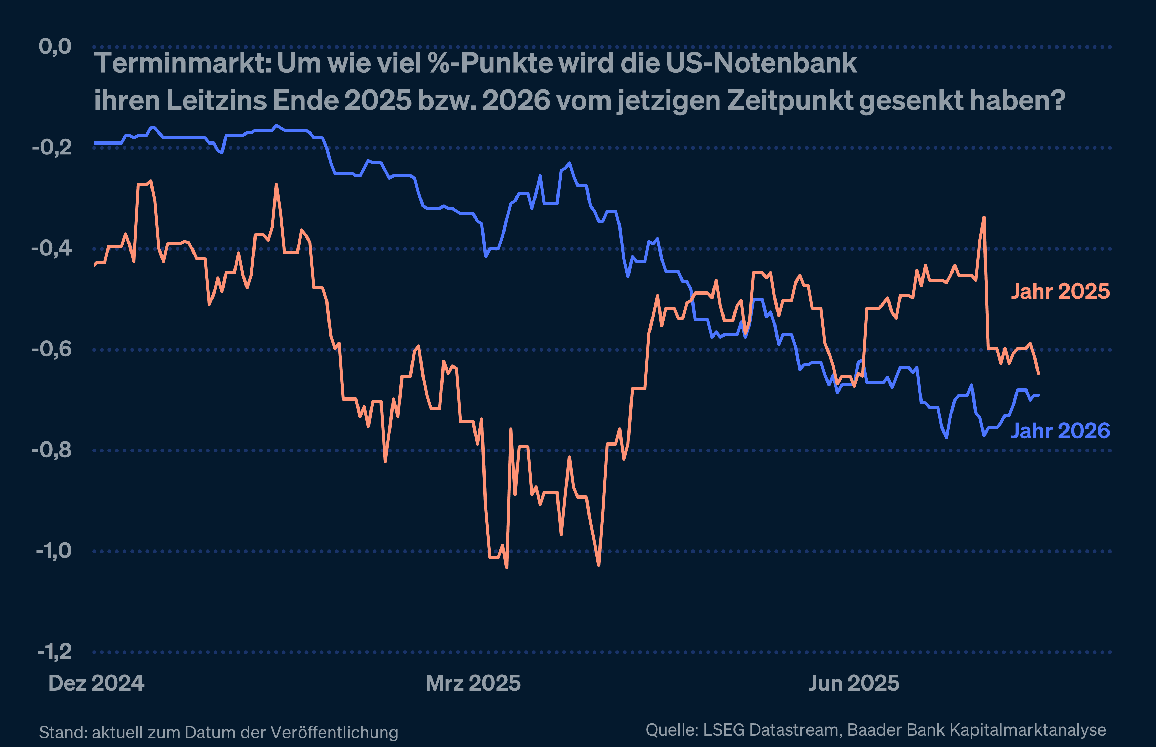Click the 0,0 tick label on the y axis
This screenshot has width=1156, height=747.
[x=55, y=46]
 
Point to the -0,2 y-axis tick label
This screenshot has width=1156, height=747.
[x=52, y=148]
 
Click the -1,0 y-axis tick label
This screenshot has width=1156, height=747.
[x=53, y=551]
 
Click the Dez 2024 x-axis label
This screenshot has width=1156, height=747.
[x=96, y=683]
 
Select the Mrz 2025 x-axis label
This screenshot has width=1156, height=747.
[x=473, y=683]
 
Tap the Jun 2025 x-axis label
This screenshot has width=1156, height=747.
[x=854, y=683]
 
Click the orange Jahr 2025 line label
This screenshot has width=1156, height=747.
[x=1060, y=291]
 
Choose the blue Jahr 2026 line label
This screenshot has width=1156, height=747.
[x=1060, y=431]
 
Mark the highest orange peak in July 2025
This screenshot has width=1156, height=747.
[x=984, y=218]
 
